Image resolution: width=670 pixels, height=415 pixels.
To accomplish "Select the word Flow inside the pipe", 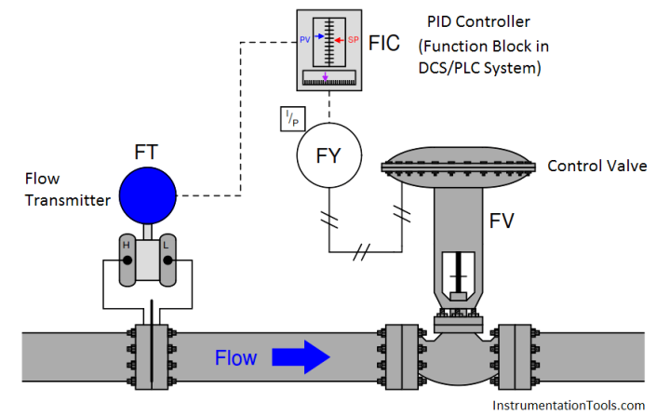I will (236, 357).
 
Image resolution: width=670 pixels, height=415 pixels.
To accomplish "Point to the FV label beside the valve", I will (503, 221).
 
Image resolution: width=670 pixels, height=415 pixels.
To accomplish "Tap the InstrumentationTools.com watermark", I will (567, 405).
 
